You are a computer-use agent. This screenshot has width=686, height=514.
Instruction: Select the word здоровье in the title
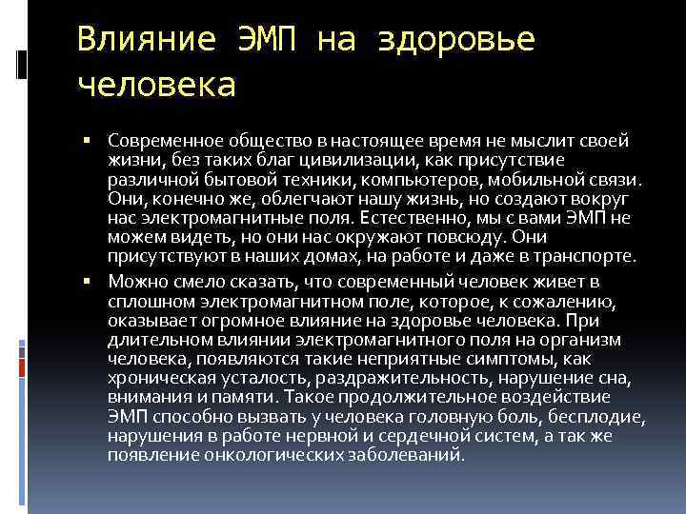click(x=457, y=40)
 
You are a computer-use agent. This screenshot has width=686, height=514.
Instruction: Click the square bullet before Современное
click(x=87, y=140)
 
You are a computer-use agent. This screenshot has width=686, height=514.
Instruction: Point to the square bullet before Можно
click(x=87, y=282)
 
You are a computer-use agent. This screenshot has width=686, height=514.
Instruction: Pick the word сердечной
click(x=419, y=436)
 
